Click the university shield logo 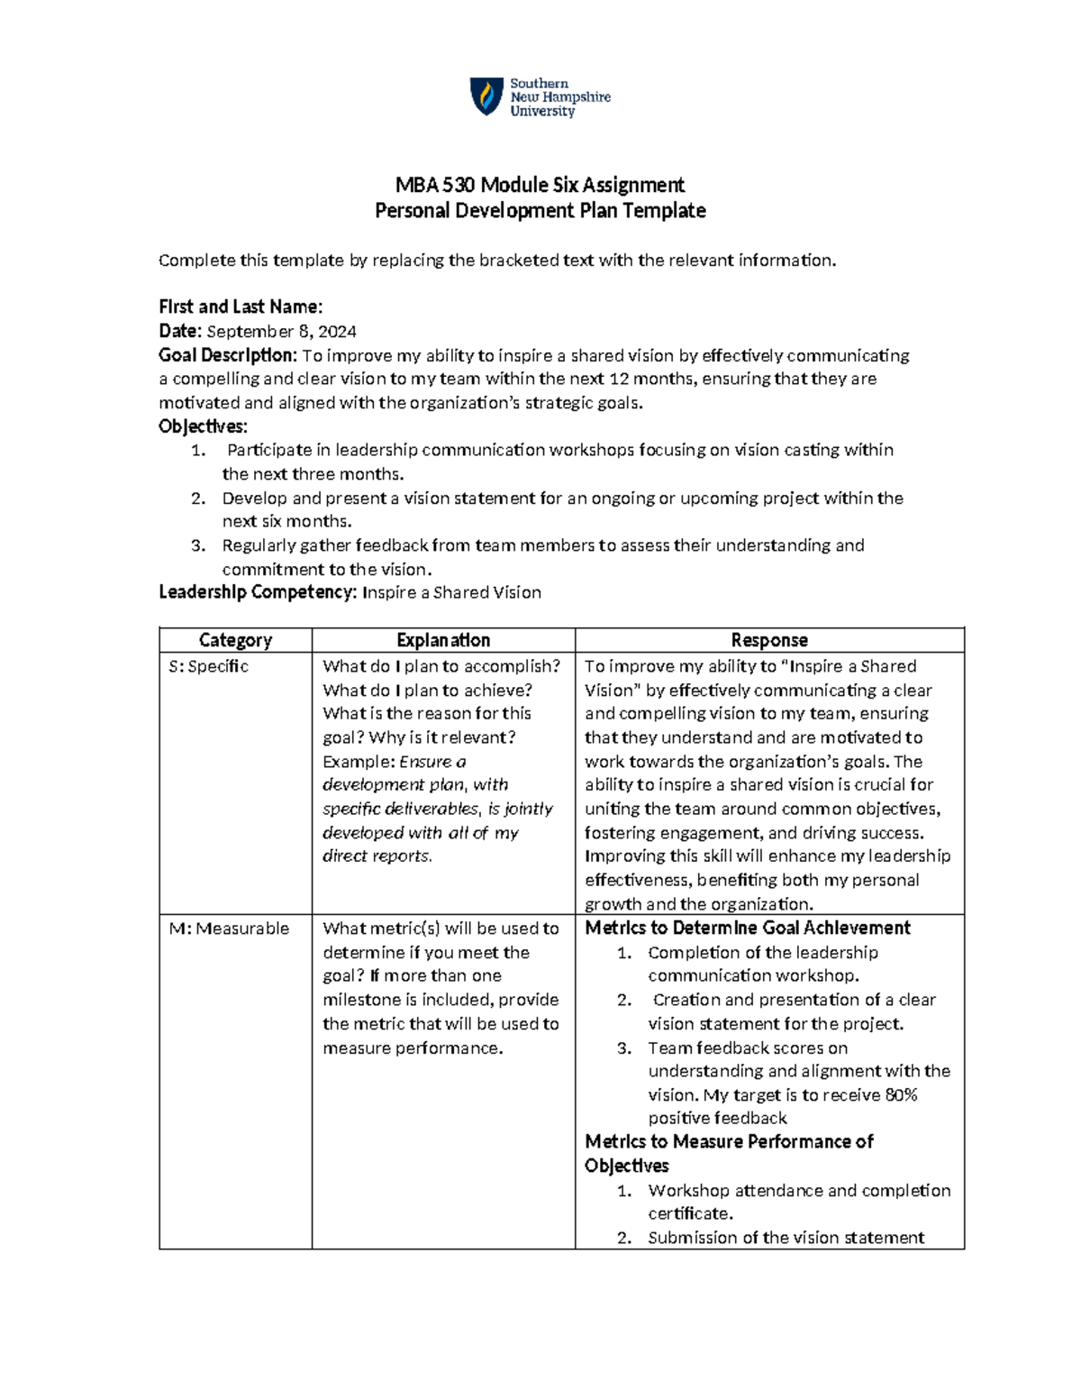(x=486, y=96)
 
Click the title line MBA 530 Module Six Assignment (x=540, y=186)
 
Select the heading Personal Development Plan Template (x=540, y=211)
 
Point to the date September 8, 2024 (x=281, y=332)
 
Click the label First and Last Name (x=240, y=307)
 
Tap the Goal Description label (x=227, y=355)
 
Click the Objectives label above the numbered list (x=203, y=426)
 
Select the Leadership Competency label (x=258, y=592)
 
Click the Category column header (x=235, y=640)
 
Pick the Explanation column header (x=443, y=640)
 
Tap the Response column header (x=769, y=640)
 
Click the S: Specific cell (x=209, y=666)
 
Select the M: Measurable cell (x=229, y=929)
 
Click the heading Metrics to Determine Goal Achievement (x=748, y=929)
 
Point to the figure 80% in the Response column (x=901, y=1095)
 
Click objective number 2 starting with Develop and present (x=562, y=499)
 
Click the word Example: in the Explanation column (x=359, y=762)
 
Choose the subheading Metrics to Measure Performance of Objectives (x=729, y=1153)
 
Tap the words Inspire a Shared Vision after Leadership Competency (x=451, y=592)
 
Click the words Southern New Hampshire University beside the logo (x=559, y=97)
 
